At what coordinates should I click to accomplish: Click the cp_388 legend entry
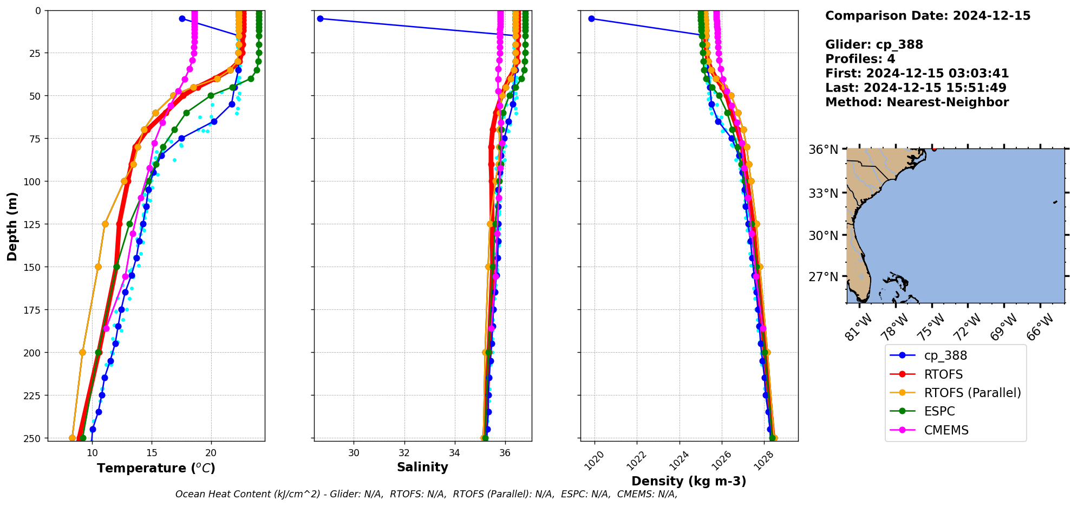click(945, 356)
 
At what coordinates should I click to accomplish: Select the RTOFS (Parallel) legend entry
click(972, 393)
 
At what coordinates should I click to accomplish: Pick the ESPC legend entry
click(939, 412)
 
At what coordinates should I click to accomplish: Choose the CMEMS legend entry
click(946, 430)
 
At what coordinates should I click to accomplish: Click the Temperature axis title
click(156, 468)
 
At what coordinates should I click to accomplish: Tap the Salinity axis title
click(422, 468)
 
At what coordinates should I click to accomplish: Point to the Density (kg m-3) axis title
click(689, 481)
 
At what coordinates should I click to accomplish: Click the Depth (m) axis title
click(12, 226)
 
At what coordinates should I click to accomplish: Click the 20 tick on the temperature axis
click(211, 453)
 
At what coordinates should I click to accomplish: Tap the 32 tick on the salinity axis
click(404, 453)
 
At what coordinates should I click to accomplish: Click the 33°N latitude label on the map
click(823, 193)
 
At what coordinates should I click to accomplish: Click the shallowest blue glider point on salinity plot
click(320, 18)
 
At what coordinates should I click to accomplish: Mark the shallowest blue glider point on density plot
click(591, 18)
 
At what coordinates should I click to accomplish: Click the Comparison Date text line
click(928, 16)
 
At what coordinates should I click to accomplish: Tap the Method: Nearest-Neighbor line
click(917, 102)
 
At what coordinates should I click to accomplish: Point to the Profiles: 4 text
click(860, 59)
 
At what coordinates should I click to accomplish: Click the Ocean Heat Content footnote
click(426, 494)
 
